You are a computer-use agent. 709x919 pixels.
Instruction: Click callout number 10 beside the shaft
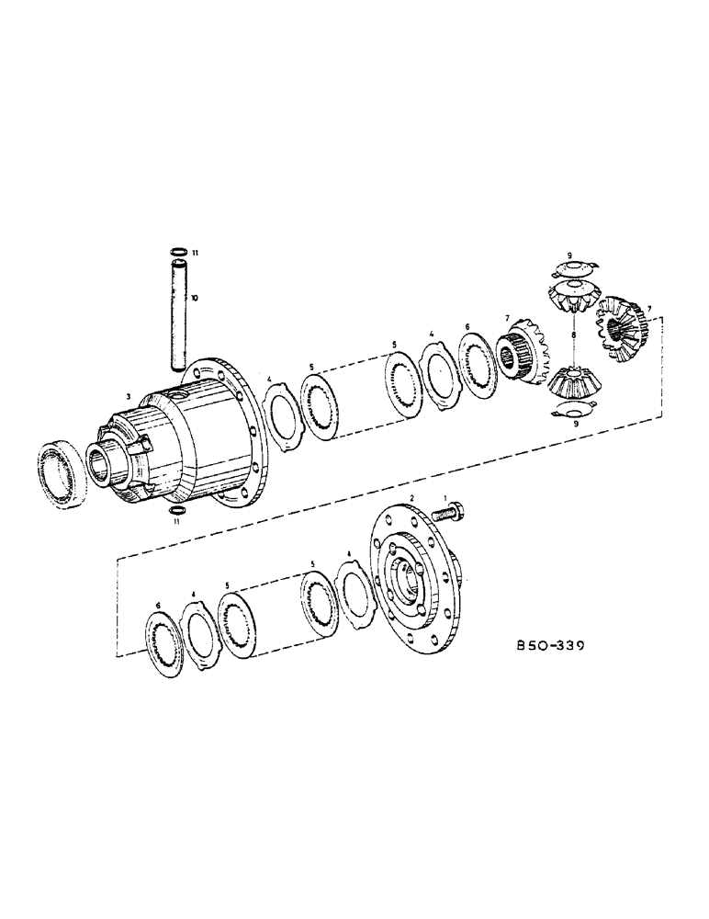(x=194, y=299)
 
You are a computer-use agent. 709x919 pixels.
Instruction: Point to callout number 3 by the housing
(x=129, y=396)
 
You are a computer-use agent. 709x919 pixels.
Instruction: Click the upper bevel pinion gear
(x=571, y=300)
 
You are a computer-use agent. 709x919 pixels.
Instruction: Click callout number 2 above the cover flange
(x=413, y=497)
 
